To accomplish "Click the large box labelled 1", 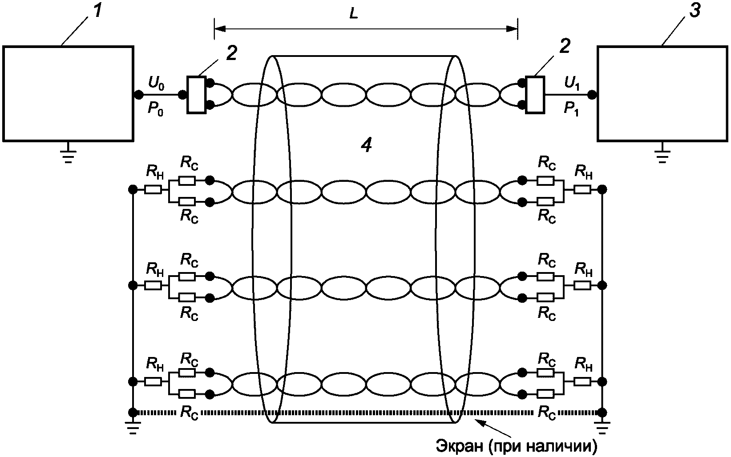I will tap(68, 94).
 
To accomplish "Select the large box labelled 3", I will tap(662, 94).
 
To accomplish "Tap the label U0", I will tap(156, 83).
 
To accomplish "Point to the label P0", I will tap(155, 108).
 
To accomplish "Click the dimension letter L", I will tap(353, 14).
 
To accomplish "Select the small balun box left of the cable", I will tap(196, 94).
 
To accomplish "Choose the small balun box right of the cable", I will tap(535, 94).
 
